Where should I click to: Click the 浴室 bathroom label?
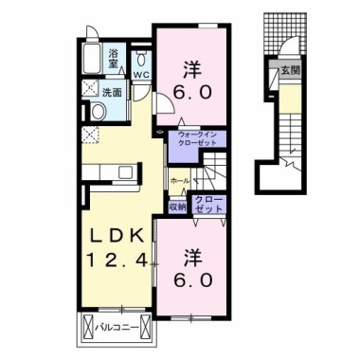click(x=113, y=59)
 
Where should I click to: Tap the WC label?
click(x=140, y=75)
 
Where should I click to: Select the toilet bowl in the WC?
click(x=141, y=58)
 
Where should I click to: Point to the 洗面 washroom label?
click(x=112, y=93)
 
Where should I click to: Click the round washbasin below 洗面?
click(x=99, y=111)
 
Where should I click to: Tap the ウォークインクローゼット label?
click(x=197, y=138)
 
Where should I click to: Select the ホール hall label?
click(x=180, y=181)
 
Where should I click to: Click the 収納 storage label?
click(x=178, y=207)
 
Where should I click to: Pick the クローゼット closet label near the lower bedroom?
click(x=208, y=205)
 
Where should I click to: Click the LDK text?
click(x=116, y=236)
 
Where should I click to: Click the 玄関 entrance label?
click(x=290, y=71)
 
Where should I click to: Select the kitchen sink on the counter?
click(x=127, y=172)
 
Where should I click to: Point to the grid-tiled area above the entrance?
click(x=285, y=33)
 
